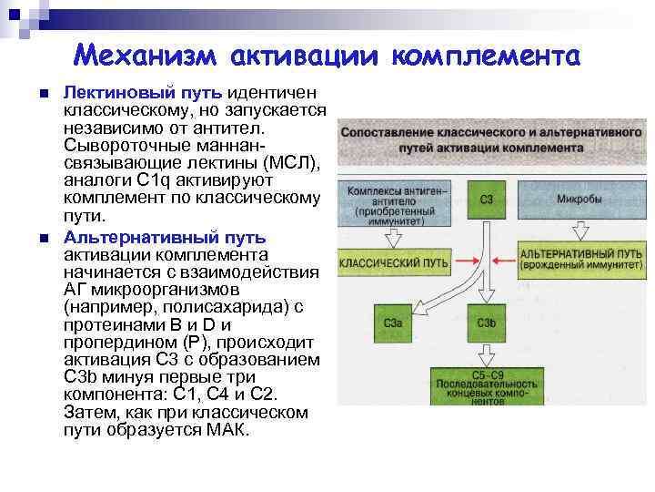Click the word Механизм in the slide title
146,56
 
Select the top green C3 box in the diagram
488,198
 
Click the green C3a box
395,323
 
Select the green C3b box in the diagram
487,323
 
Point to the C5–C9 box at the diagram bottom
488,386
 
